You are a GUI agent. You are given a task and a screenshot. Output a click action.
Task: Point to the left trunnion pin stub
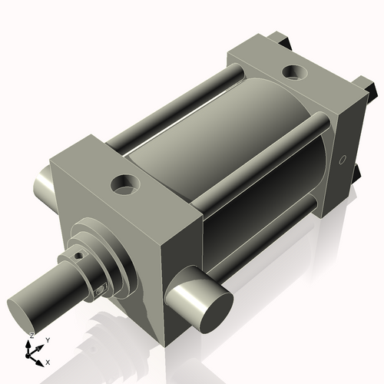point(41,188)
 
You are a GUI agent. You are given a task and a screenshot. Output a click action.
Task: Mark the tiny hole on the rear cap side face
point(343,161)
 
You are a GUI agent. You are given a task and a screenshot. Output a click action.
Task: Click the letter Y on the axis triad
point(48,339)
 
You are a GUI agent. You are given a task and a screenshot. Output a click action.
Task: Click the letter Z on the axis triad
point(31,336)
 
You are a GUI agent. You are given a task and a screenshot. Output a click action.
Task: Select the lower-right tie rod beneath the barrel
point(265,230)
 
